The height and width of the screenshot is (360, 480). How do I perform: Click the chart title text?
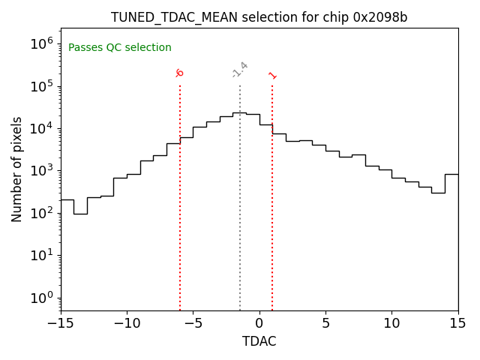tap(259, 17)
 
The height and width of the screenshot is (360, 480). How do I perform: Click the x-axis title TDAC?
tap(259, 341)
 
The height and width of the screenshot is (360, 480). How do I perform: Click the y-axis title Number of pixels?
tap(17, 169)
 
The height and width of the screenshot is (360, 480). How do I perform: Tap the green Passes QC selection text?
tap(120, 48)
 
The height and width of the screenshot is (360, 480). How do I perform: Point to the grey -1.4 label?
tap(239, 70)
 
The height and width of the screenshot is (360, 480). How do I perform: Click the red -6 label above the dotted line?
tap(179, 73)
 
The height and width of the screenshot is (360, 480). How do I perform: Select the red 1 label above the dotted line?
tap(272, 75)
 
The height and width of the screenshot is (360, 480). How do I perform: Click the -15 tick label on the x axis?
tap(61, 323)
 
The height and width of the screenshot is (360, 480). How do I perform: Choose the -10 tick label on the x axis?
tap(127, 323)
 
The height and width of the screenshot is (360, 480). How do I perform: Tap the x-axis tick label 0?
tap(259, 323)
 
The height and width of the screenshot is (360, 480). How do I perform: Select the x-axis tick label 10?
tap(391, 323)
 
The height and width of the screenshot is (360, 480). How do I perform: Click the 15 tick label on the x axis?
tap(457, 323)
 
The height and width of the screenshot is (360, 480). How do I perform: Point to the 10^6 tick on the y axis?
tap(42, 44)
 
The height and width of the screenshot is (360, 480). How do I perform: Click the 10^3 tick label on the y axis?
tap(42, 171)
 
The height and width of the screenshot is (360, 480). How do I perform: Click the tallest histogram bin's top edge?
tap(239, 112)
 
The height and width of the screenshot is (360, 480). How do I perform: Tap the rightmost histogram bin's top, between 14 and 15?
tap(451, 174)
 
